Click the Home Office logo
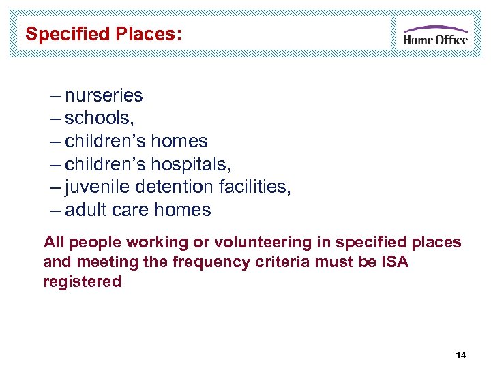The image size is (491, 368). (x=435, y=35)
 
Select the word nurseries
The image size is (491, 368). (x=104, y=95)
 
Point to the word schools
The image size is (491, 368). (x=100, y=119)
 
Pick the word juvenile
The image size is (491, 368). (x=95, y=187)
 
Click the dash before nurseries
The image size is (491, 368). (x=56, y=95)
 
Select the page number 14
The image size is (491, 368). (x=460, y=356)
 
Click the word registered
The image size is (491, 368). (x=82, y=281)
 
